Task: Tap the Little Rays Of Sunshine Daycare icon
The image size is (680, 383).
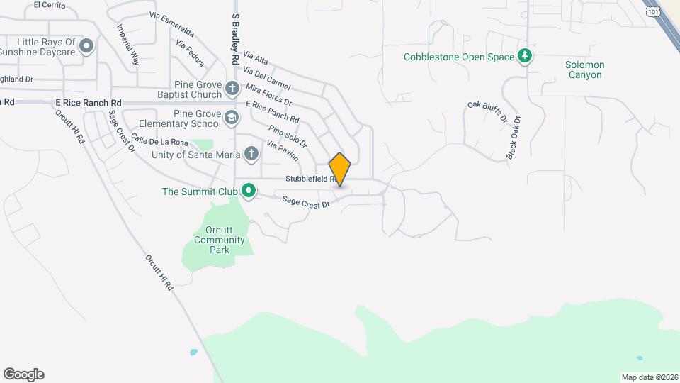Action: [87, 47]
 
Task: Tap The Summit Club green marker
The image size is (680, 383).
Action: [248, 191]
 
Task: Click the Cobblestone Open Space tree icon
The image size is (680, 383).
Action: [524, 57]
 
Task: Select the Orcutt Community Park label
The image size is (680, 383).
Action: [219, 240]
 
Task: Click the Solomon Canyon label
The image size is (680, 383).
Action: [584, 70]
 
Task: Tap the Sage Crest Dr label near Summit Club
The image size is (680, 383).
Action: [306, 203]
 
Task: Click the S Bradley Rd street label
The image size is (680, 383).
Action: [234, 38]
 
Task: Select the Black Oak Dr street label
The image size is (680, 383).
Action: [514, 138]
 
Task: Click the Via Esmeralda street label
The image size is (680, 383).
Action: [171, 24]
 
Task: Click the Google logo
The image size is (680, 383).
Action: [23, 374]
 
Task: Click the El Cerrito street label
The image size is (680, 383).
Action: [50, 5]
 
